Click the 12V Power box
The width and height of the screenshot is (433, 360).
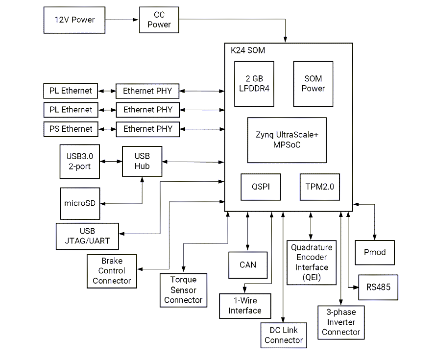click(74, 20)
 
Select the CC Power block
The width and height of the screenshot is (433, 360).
click(159, 20)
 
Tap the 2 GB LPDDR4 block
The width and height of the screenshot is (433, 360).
click(254, 84)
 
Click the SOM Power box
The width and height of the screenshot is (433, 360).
click(313, 84)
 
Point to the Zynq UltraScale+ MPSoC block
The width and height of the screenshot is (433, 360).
click(287, 140)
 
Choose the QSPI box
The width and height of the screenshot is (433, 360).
click(261, 187)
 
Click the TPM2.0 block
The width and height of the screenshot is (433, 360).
click(319, 187)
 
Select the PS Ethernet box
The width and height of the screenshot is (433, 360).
click(71, 129)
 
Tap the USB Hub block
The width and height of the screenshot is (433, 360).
click(142, 161)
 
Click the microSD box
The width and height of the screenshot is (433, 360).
click(80, 203)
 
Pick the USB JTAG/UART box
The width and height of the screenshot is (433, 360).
click(87, 236)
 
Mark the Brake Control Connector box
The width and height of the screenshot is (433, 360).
click(112, 271)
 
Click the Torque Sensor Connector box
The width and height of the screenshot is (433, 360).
click(183, 290)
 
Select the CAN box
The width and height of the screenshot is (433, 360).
click(248, 265)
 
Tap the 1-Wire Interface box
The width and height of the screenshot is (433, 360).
click(245, 306)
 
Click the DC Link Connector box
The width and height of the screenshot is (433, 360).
click(284, 336)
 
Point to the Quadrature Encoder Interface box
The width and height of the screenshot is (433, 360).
click(311, 263)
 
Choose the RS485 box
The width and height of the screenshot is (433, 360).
click(378, 287)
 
